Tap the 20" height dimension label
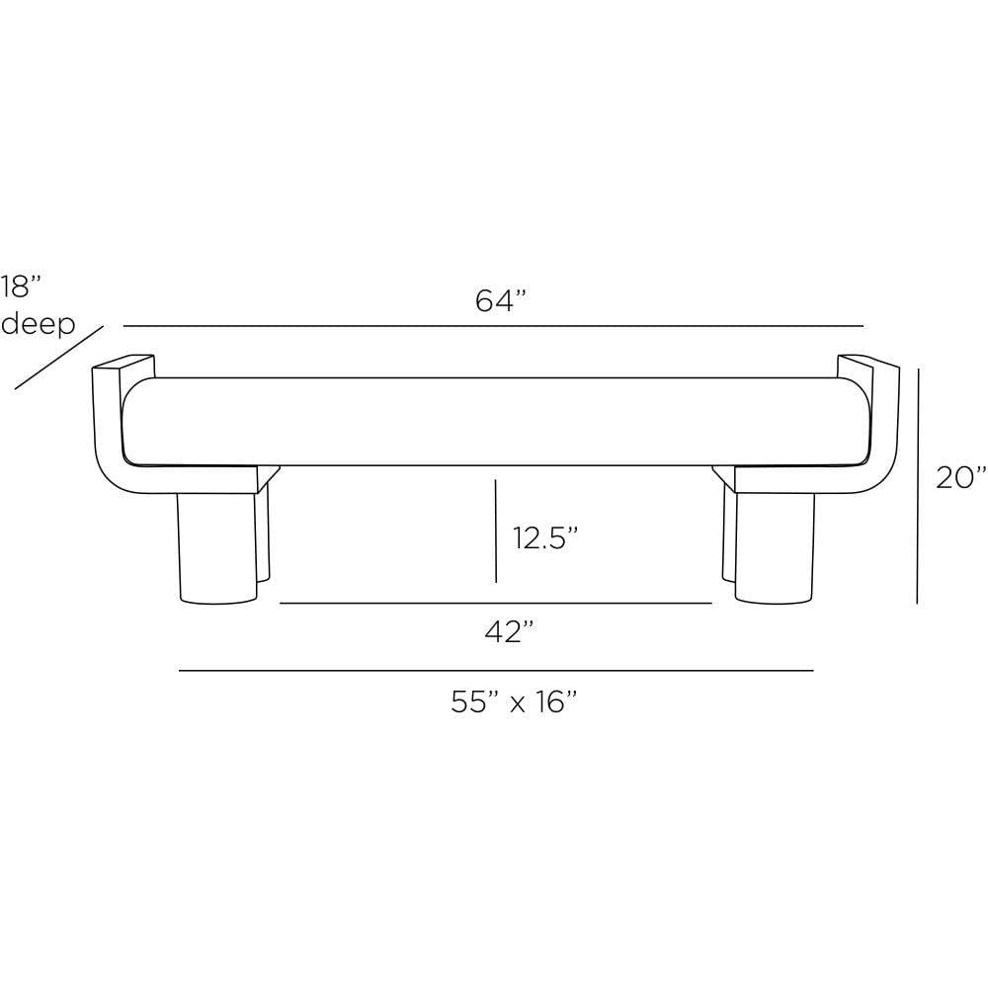960,477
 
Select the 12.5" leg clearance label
544,538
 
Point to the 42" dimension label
510,631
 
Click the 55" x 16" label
514,701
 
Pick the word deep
38,323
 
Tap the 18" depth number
22,287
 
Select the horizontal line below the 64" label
494,326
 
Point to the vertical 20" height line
918,484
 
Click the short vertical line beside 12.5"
496,531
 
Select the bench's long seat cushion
494,421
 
